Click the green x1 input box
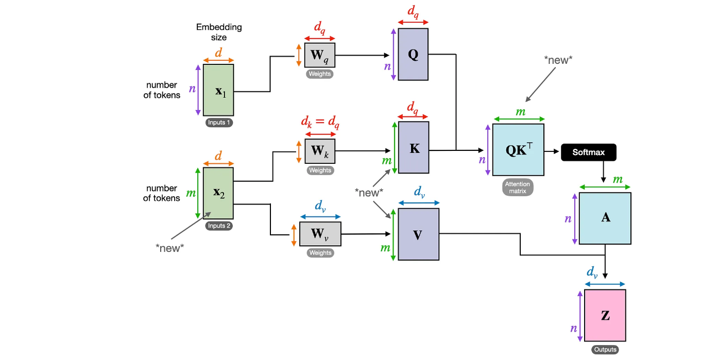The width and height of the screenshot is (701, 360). pos(218,90)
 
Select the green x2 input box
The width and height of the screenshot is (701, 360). pos(218,193)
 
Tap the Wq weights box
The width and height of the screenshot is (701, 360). pos(320,55)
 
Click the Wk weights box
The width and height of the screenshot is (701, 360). pos(320,151)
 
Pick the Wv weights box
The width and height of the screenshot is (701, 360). pos(320,234)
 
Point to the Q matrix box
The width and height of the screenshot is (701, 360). pos(413,55)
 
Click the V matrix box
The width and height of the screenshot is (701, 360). pos(418,234)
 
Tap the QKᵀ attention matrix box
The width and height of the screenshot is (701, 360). pos(518,150)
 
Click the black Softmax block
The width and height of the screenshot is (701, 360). pos(588,152)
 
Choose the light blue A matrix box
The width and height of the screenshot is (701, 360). pos(605,218)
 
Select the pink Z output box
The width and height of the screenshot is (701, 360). pos(605,315)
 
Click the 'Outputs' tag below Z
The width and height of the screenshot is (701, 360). pos(605,350)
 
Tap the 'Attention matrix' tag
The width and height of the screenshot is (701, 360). pos(518,187)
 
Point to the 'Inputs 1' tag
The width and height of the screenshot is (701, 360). pos(218,123)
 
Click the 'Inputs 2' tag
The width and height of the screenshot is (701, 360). pos(218,226)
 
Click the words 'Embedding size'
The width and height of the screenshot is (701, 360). pos(218,32)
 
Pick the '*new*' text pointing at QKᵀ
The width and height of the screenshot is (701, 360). pos(558,60)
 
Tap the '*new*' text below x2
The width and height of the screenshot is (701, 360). pos(170,248)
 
